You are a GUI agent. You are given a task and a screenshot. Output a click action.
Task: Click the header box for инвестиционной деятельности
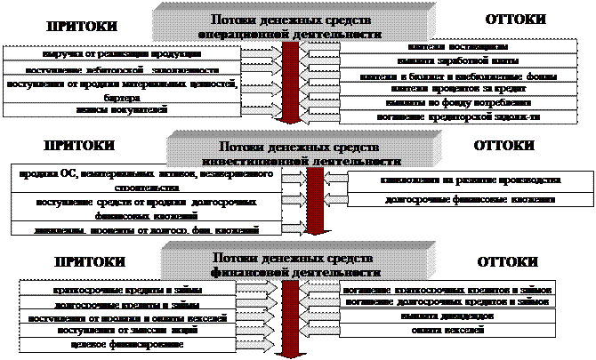[298, 152]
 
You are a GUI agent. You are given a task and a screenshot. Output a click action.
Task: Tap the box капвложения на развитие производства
[454, 180]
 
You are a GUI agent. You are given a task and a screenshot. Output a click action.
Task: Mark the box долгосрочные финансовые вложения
[454, 200]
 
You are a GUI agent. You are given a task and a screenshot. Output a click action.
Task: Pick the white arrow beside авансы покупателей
[262, 109]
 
